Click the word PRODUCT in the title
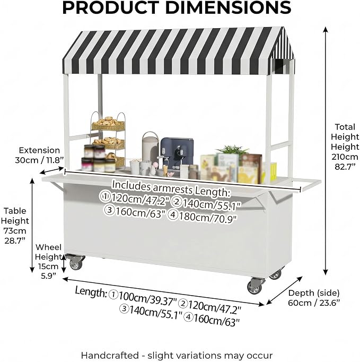tap(110, 7)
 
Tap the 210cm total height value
tap(345, 157)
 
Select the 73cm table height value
tap(15, 231)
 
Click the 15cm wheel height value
tap(48, 266)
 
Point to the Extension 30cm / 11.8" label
tap(39, 155)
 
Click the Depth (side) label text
tap(314, 293)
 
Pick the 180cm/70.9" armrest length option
tap(203, 217)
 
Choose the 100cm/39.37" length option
tap(142, 298)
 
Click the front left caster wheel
tap(75, 262)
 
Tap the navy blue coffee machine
tap(177, 153)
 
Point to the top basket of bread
tap(108, 124)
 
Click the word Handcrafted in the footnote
tap(110, 355)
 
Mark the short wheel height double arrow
tap(64, 264)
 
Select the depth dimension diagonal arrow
tap(284, 290)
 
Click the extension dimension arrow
tap(51, 170)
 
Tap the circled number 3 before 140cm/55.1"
tap(124, 309)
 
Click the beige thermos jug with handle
tap(151, 146)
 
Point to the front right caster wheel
tap(256, 286)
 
